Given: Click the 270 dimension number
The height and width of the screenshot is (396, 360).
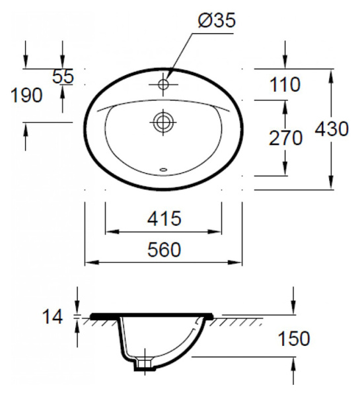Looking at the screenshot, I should pos(285,138).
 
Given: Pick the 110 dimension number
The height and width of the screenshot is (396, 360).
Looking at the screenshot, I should pos(284,84).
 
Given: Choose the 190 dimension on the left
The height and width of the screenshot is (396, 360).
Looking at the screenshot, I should pos(27,95).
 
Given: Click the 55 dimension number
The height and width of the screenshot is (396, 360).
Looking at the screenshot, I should pos(63,77).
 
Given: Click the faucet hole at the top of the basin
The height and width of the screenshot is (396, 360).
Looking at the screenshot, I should pos(163,84).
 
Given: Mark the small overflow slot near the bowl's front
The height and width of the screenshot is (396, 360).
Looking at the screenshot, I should pos(163,170).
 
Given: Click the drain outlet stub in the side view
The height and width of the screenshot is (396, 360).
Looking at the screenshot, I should pos(141,364).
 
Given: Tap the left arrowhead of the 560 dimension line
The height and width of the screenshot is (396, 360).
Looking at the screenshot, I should pos(89,263).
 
